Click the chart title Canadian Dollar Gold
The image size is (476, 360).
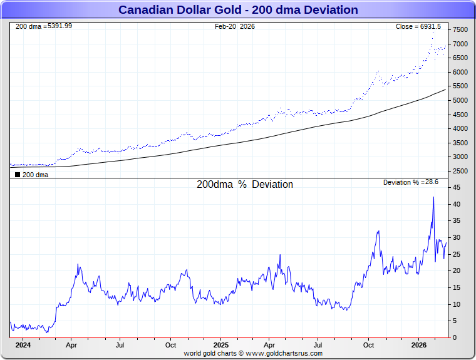click(x=238, y=10)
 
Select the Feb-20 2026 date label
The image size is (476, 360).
click(x=235, y=26)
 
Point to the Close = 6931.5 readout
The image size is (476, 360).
click(x=418, y=26)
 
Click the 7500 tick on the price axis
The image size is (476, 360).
click(x=460, y=30)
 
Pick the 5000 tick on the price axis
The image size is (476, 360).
click(x=460, y=100)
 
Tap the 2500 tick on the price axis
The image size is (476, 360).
click(x=460, y=171)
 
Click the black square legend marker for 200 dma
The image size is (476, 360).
click(x=17, y=175)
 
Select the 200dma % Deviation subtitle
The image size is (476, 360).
click(x=245, y=185)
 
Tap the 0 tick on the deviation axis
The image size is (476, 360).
click(x=455, y=337)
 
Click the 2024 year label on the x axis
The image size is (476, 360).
click(x=23, y=345)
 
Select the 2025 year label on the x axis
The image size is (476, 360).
click(x=221, y=345)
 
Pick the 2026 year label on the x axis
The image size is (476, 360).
click(x=419, y=345)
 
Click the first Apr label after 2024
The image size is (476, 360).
click(x=71, y=345)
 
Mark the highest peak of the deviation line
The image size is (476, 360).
click(x=433, y=197)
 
